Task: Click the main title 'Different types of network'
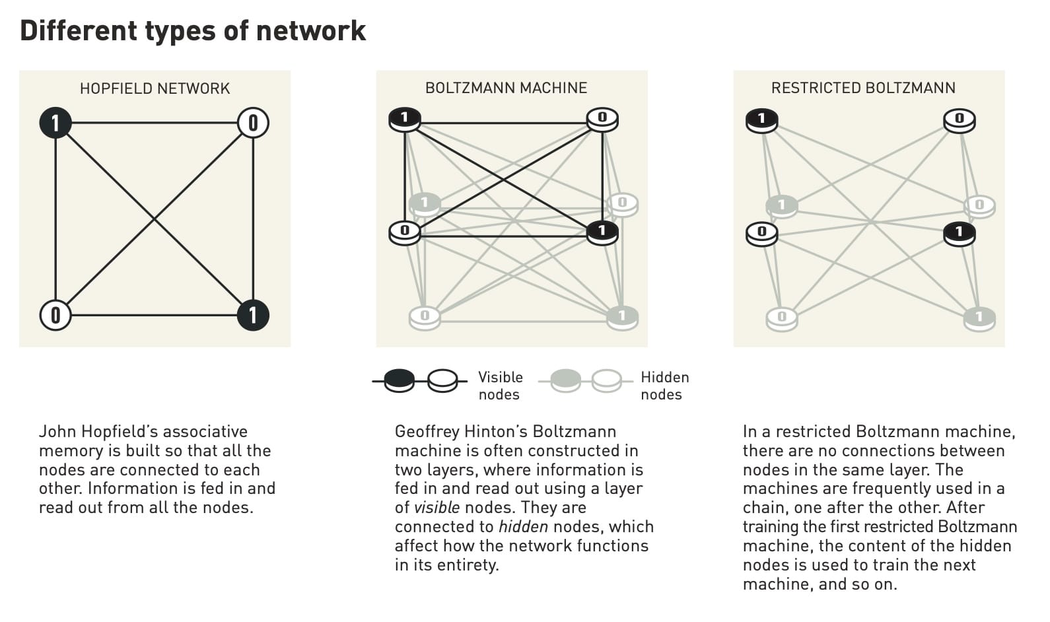[x=192, y=30]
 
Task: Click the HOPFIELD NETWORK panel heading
[x=155, y=88]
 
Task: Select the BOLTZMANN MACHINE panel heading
[x=506, y=88]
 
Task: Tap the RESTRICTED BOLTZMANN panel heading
[x=863, y=88]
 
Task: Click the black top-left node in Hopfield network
[x=55, y=123]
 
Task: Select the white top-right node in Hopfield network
[x=253, y=123]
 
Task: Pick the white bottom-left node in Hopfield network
[x=55, y=315]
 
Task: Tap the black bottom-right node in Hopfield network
[x=253, y=315]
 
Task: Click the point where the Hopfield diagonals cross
[x=155, y=219]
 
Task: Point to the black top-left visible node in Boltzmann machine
[x=405, y=120]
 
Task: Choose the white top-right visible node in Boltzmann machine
[x=602, y=120]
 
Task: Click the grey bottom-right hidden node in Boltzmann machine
[x=622, y=317]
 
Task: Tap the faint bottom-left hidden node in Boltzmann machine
[x=425, y=317]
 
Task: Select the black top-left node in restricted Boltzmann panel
[x=761, y=120]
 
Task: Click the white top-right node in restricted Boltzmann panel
[x=960, y=120]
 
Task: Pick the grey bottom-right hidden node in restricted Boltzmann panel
[x=979, y=318]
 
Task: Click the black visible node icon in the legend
[x=400, y=380]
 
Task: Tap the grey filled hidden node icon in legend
[x=565, y=380]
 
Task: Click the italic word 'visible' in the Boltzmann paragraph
[x=437, y=508]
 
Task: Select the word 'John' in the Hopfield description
[x=57, y=432]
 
